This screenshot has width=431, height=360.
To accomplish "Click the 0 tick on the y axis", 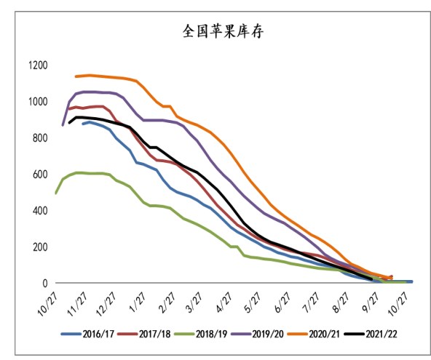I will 44,283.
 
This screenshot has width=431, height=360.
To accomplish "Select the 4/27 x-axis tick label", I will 219,300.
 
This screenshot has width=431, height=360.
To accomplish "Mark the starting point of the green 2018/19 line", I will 56,193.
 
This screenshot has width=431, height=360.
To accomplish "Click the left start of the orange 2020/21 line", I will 76,76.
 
